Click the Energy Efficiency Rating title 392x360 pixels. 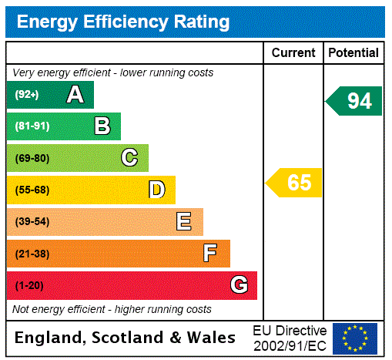pos(123,22)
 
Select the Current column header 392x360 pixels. pos(293,53)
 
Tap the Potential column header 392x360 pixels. pos(353,53)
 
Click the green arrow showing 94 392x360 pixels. pos(354,101)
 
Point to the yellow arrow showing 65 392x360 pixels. pos(295,183)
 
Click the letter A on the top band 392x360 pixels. pos(75,95)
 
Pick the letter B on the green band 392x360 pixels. pos(102,126)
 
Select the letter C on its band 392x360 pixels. pos(129,158)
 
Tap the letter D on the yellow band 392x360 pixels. pos(156,190)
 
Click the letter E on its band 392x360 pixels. pos(184,222)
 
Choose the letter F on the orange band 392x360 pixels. pos(209,254)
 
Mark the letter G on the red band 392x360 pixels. pos(239,285)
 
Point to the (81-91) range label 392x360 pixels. pos(32,126)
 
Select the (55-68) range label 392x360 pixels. pos(32,190)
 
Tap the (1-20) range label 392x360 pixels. pos(29,286)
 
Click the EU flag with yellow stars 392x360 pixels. pos(355,338)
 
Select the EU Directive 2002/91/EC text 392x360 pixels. pos(290,338)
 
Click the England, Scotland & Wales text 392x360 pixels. pos(126,338)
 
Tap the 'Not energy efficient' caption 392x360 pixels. pos(112,309)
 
